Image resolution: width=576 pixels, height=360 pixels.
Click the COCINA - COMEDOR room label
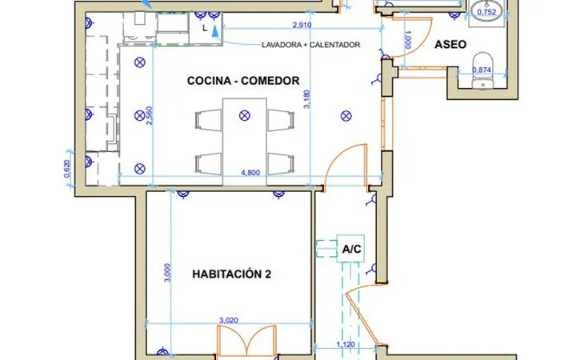(x=243, y=81)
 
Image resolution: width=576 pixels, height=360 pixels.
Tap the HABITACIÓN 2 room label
(x=232, y=274)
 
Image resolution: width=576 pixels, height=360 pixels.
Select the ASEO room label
(x=450, y=45)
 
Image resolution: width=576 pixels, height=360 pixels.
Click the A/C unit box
(x=351, y=249)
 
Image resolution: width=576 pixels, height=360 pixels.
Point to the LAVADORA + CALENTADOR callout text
(x=310, y=45)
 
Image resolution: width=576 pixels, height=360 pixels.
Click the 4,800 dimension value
(x=250, y=173)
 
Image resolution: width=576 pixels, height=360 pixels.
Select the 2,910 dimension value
(x=302, y=25)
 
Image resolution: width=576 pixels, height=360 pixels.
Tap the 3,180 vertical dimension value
(x=307, y=99)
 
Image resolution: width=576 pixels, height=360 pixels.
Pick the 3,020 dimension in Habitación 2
(x=229, y=320)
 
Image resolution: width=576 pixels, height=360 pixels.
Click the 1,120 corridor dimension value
(x=346, y=345)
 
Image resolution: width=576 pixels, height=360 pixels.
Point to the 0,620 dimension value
(x=67, y=169)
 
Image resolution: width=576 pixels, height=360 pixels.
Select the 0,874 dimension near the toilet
(x=482, y=70)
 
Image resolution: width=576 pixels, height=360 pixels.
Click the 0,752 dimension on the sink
(x=486, y=12)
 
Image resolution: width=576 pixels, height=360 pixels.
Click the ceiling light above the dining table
(x=245, y=116)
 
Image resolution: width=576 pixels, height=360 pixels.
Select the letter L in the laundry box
(x=205, y=28)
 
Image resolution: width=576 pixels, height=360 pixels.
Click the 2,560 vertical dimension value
(x=149, y=116)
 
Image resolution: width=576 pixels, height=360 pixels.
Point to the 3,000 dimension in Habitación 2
(x=167, y=273)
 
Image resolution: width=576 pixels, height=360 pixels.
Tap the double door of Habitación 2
(x=247, y=341)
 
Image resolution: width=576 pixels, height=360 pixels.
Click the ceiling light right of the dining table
(x=346, y=116)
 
